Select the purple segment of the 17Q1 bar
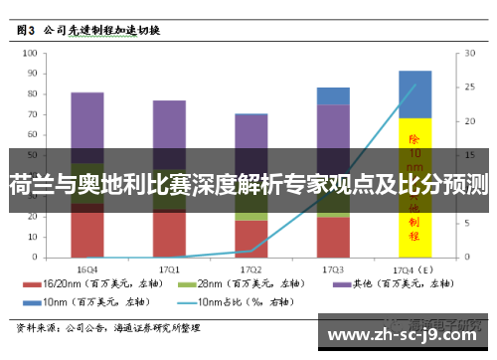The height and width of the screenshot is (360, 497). pyautogui.click(x=169, y=124)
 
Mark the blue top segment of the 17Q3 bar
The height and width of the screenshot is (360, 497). pyautogui.click(x=333, y=95)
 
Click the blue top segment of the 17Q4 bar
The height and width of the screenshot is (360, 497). pyautogui.click(x=414, y=93)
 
